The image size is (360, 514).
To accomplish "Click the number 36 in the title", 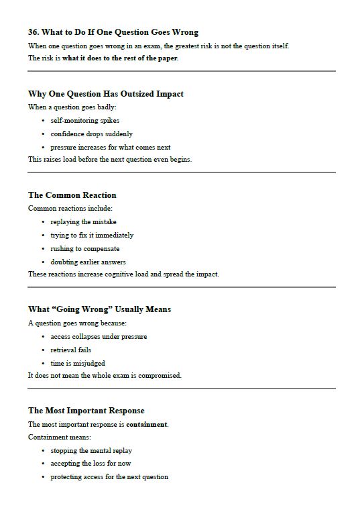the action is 34,32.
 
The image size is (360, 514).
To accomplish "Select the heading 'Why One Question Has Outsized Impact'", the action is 105,94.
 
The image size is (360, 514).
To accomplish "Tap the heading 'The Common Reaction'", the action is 72,195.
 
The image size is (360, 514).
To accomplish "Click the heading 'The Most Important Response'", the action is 86,411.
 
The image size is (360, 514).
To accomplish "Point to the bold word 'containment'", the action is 147,424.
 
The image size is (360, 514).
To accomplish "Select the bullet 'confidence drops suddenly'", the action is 91,134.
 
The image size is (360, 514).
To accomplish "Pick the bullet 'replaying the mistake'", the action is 83,221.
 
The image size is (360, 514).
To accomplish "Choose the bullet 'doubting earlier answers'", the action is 88,262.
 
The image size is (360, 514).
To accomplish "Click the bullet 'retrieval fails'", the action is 70,350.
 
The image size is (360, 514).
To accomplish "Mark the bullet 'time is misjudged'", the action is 77,363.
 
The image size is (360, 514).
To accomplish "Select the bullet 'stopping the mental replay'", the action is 91,450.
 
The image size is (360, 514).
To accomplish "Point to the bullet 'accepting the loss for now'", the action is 91,464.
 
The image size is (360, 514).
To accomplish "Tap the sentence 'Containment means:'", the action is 60,437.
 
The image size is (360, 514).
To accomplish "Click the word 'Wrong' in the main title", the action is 184,32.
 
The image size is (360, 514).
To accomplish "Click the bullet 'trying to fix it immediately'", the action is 92,235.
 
